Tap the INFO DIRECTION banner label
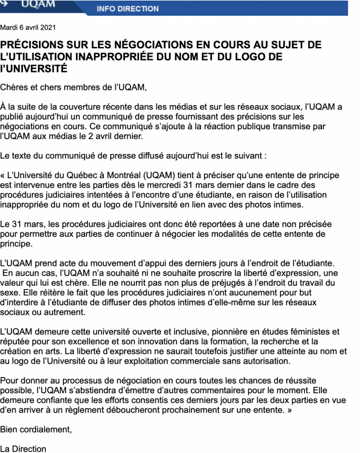coord(127,9)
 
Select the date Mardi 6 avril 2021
coord(28,28)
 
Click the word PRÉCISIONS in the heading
coord(36,45)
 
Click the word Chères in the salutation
coord(14,87)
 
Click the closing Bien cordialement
coord(36,429)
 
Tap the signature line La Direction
coord(23,448)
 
